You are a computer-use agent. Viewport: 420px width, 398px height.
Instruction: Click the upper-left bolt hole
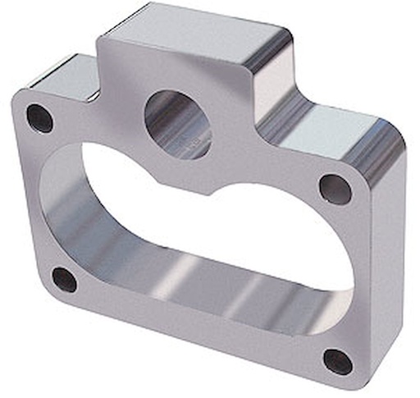[39, 118]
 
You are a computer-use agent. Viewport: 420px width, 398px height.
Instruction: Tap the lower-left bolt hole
[64, 279]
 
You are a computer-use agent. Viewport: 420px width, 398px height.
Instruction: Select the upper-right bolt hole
[335, 190]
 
